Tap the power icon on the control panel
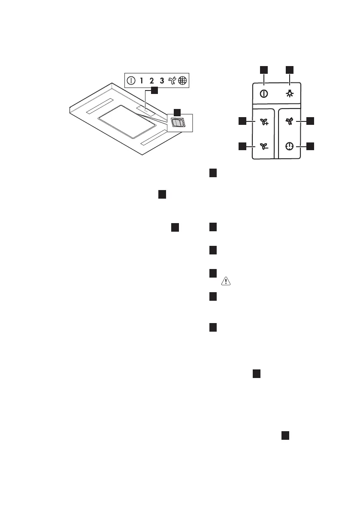(x=264, y=94)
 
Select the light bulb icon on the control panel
(x=290, y=94)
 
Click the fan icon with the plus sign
(x=263, y=122)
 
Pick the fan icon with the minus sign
(x=263, y=146)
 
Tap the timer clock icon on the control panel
(x=290, y=146)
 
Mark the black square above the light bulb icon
(x=290, y=69)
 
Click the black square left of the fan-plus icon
(x=243, y=121)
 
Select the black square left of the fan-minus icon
(x=243, y=146)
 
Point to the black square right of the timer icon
(x=311, y=146)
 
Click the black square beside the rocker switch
(x=175, y=112)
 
